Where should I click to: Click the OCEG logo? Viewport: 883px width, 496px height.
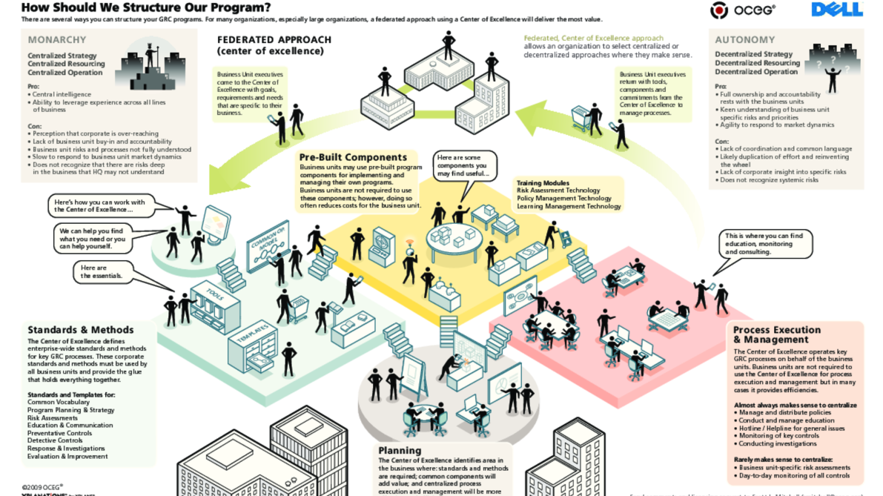pyautogui.click(x=743, y=10)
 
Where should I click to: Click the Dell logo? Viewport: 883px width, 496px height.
pyautogui.click(x=837, y=10)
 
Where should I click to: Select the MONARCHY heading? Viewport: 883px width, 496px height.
pyautogui.click(x=57, y=40)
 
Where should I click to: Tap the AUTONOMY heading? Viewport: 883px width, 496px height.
pyautogui.click(x=745, y=40)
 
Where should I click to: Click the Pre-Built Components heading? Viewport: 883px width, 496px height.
pyautogui.click(x=353, y=157)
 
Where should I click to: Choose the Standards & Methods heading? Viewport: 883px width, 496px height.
pyautogui.click(x=81, y=330)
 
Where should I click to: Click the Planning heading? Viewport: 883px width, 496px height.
pyautogui.click(x=400, y=450)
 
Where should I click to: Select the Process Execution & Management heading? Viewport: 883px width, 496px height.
pyautogui.click(x=777, y=334)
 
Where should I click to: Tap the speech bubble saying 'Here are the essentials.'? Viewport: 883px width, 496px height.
pyautogui.click(x=102, y=272)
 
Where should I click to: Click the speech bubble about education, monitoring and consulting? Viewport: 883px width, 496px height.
pyautogui.click(x=764, y=244)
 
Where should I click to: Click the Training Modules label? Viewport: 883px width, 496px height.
pyautogui.click(x=543, y=183)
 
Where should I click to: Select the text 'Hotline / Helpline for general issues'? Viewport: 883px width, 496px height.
pyautogui.click(x=791, y=429)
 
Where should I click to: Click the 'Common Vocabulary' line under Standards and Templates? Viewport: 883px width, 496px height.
pyautogui.click(x=58, y=403)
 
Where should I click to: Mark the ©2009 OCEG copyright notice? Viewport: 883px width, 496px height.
pyautogui.click(x=42, y=487)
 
